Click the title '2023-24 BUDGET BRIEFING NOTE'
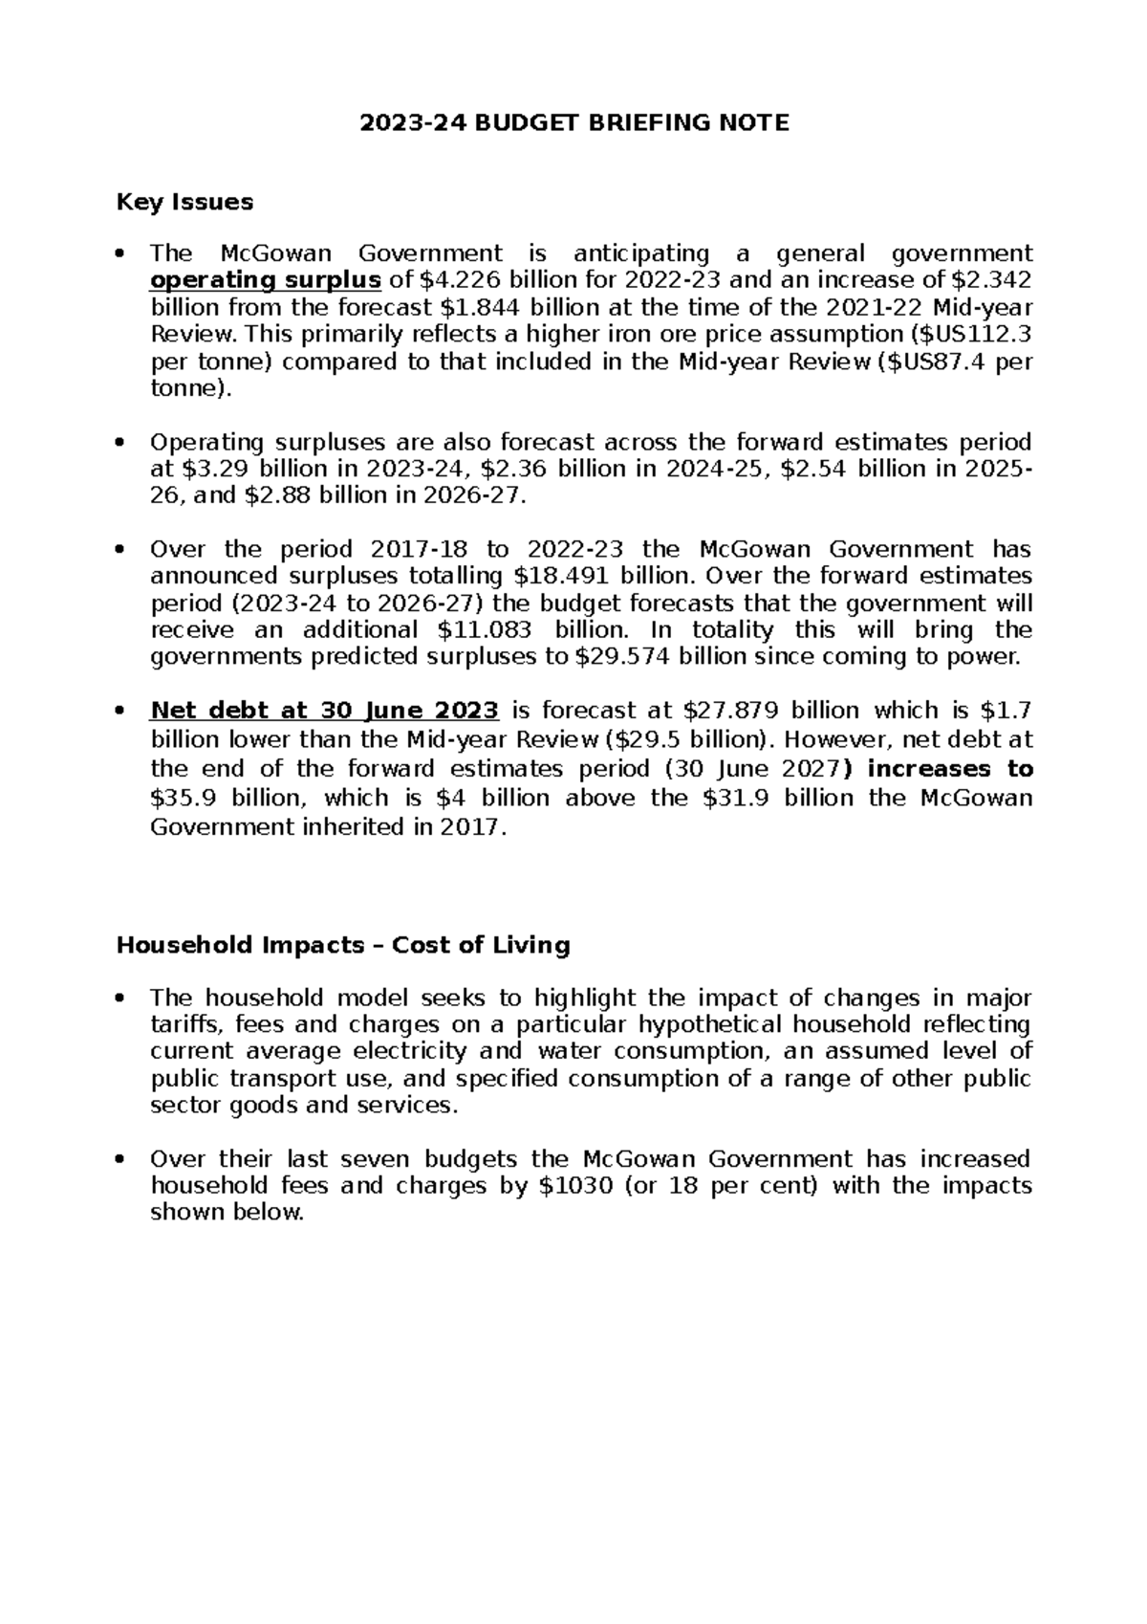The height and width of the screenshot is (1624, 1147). pyautogui.click(x=573, y=122)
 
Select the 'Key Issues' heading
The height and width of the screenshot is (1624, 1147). pyautogui.click(x=184, y=202)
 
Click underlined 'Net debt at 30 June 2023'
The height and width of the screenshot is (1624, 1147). pyautogui.click(x=325, y=711)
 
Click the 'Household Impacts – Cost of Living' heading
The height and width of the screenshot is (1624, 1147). pyautogui.click(x=343, y=945)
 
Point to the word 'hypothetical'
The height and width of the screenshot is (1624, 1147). pyautogui.click(x=736, y=1025)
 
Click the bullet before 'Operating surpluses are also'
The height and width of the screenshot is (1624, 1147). pyautogui.click(x=119, y=444)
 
